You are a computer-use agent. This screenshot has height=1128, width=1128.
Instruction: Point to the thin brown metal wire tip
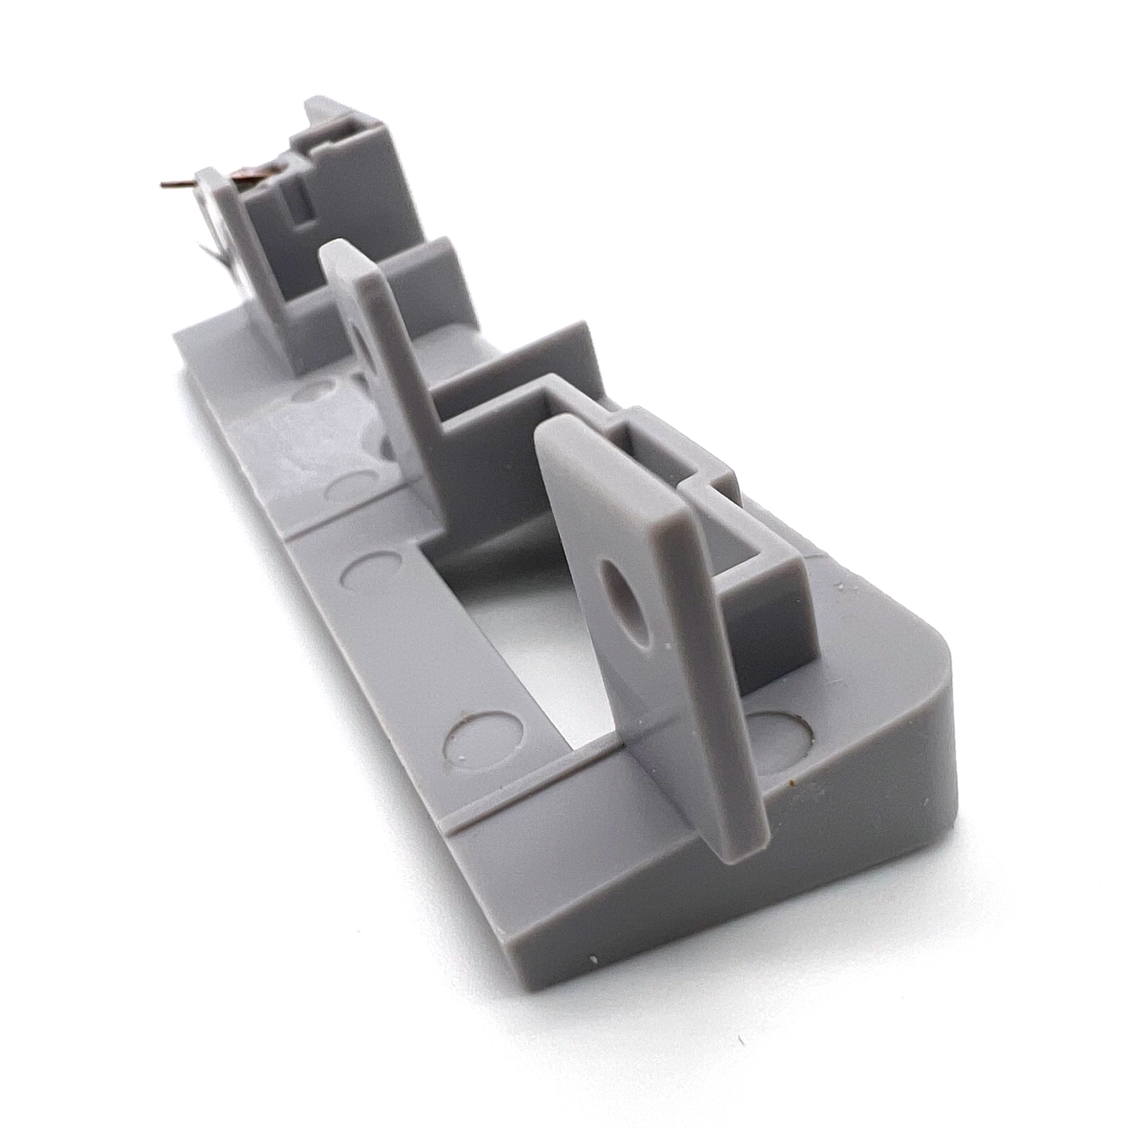click(165, 185)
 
